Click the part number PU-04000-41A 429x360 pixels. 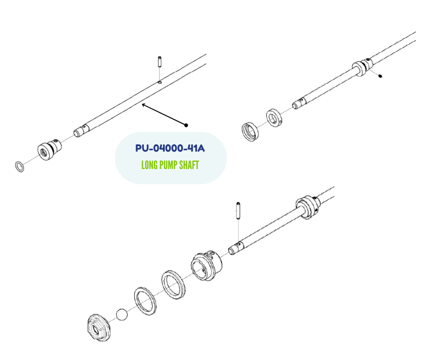[170, 148]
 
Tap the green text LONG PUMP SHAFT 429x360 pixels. [170, 165]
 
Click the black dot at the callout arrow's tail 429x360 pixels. [186, 125]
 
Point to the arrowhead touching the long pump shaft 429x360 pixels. [143, 105]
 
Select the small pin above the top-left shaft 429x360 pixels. [160, 61]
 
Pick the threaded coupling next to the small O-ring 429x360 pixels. [47, 150]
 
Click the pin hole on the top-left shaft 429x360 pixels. [159, 83]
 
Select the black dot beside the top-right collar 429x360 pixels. [380, 76]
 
